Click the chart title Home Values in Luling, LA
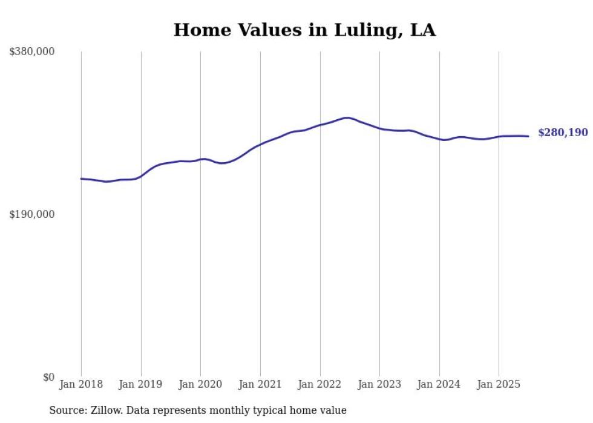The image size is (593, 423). pyautogui.click(x=304, y=30)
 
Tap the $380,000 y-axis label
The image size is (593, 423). pyautogui.click(x=31, y=52)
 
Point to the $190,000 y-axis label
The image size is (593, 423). pyautogui.click(x=31, y=214)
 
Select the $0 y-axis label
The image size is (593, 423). pyautogui.click(x=48, y=377)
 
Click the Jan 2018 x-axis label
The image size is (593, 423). pyautogui.click(x=81, y=384)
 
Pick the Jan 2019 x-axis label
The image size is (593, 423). pyautogui.click(x=141, y=384)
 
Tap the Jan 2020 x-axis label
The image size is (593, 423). pyautogui.click(x=200, y=384)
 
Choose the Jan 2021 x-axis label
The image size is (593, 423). pyautogui.click(x=260, y=384)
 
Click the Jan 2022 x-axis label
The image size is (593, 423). pyautogui.click(x=320, y=384)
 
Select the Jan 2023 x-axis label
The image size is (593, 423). pyautogui.click(x=379, y=384)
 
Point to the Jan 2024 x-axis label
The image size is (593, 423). pyautogui.click(x=439, y=384)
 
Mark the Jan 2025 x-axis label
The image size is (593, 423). pyautogui.click(x=499, y=384)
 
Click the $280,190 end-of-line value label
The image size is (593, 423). pyautogui.click(x=563, y=133)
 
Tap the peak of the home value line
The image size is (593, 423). pyautogui.click(x=346, y=117)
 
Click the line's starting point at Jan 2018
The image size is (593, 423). pyautogui.click(x=81, y=179)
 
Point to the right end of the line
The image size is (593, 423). pyautogui.click(x=528, y=136)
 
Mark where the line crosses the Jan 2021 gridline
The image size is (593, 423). pyautogui.click(x=260, y=145)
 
